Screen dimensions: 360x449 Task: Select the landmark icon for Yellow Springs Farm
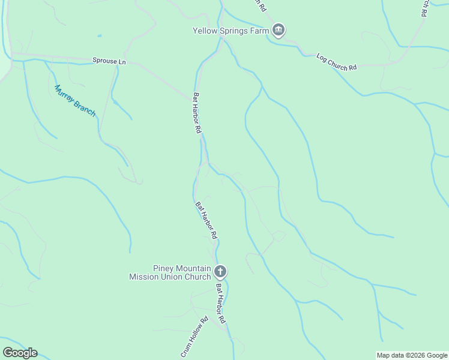point(278,29)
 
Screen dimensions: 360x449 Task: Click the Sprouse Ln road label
point(109,61)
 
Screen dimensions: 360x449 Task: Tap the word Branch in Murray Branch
point(85,109)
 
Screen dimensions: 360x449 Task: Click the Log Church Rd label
point(336,62)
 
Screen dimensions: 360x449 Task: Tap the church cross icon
point(220,272)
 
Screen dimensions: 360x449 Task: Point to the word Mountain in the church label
point(193,268)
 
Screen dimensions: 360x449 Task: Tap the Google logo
point(20,353)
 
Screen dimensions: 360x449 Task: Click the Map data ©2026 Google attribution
point(412,355)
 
